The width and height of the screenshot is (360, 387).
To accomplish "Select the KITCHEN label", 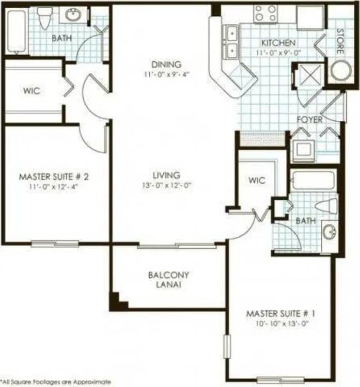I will tap(278, 43).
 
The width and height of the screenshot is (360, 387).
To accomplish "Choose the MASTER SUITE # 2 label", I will tap(54, 176).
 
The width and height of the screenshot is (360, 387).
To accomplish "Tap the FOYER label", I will tap(309, 120).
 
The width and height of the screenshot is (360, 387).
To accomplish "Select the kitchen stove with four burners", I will tap(265, 14).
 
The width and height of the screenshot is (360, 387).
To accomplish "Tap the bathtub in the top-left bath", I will tap(15, 31).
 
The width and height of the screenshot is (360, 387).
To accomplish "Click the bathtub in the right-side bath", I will tap(313, 181).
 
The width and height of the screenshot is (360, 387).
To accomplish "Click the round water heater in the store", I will tap(341, 71).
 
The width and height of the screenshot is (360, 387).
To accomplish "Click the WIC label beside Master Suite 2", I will tap(32, 91).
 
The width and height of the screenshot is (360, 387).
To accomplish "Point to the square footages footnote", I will tap(56, 382).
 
